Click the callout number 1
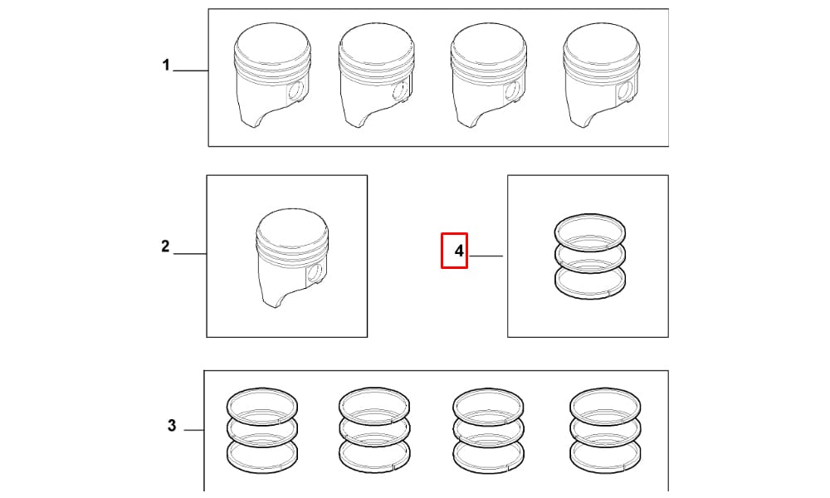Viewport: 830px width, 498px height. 166,65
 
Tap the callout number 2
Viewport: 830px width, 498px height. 166,246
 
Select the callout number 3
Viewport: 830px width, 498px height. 172,425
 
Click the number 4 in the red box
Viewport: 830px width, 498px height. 459,251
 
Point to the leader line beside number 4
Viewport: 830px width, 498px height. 486,256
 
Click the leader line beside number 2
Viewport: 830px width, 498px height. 190,254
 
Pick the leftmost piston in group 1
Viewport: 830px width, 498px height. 272,76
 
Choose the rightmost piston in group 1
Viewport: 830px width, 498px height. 602,76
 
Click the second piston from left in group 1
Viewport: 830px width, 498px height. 376,76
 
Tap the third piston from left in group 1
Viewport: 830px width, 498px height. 489,76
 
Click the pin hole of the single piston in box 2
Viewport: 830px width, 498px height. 315,273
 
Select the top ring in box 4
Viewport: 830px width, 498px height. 589,232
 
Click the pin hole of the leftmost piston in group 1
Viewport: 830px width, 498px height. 297,91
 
